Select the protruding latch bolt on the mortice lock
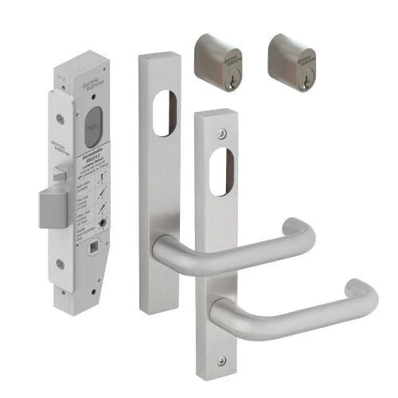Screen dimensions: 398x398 pyautogui.click(x=53, y=207)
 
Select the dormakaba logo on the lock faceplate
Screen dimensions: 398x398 pyautogui.click(x=64, y=128)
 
